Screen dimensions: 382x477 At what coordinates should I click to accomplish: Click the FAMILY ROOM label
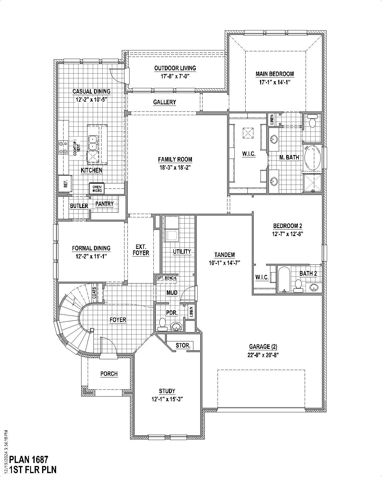click(175, 159)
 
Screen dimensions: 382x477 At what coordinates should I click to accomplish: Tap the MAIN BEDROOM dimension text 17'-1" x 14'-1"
click(275, 82)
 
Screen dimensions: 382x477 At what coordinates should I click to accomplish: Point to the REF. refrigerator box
click(65, 184)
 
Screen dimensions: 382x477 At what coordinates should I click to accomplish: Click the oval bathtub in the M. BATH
click(312, 157)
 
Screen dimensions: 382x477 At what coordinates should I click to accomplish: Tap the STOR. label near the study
click(183, 345)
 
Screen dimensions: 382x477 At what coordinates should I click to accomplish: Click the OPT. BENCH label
click(166, 278)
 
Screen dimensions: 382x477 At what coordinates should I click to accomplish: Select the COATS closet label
click(94, 292)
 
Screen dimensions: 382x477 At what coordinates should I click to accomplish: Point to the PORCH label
click(109, 374)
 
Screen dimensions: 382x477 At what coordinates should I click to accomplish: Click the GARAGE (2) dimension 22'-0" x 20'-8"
click(263, 355)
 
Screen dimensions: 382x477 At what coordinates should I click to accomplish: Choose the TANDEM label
click(225, 255)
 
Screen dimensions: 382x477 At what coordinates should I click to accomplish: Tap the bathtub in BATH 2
click(284, 279)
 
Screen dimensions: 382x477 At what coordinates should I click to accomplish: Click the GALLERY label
click(164, 102)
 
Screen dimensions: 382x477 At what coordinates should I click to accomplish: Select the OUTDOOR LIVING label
click(175, 68)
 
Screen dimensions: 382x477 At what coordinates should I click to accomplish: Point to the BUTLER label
click(79, 206)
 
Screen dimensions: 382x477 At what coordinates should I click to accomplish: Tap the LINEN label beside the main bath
click(272, 119)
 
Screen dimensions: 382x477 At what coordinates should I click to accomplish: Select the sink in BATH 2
click(313, 287)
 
